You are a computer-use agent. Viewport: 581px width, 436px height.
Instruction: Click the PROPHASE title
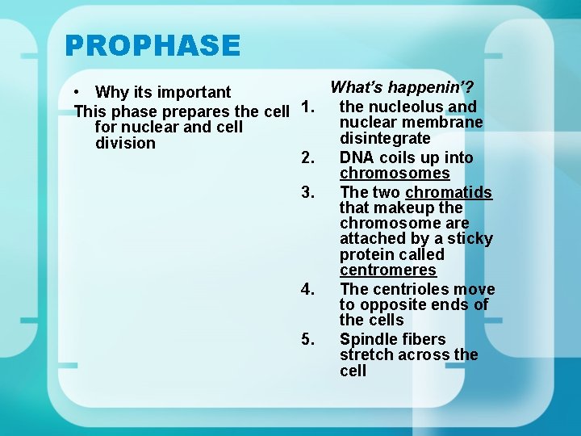click(153, 45)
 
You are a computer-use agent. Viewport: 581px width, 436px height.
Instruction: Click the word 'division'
click(125, 143)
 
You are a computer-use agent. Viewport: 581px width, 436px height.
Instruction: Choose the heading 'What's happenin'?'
click(402, 87)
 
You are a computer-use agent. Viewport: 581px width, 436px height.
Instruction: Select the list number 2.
click(307, 157)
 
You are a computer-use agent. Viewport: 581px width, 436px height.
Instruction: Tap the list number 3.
click(307, 192)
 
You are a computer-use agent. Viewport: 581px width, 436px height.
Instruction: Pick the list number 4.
click(307, 289)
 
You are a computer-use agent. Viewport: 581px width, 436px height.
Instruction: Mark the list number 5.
click(307, 339)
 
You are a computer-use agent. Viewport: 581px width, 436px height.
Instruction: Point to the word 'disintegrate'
click(385, 139)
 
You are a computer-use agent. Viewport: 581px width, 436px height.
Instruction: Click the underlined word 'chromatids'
click(449, 192)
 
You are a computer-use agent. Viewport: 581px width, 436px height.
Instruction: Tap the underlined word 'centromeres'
click(387, 270)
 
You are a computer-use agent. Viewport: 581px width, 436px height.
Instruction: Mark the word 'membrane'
click(446, 123)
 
